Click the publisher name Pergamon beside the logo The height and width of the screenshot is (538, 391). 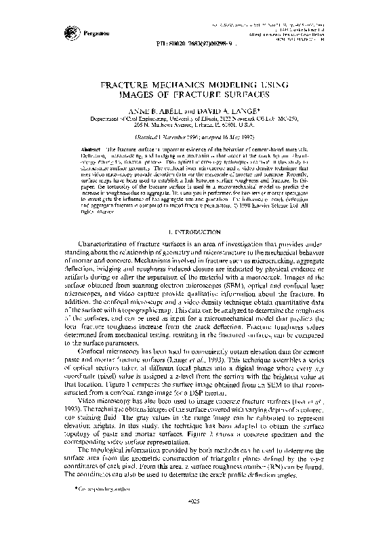click(x=94, y=33)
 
